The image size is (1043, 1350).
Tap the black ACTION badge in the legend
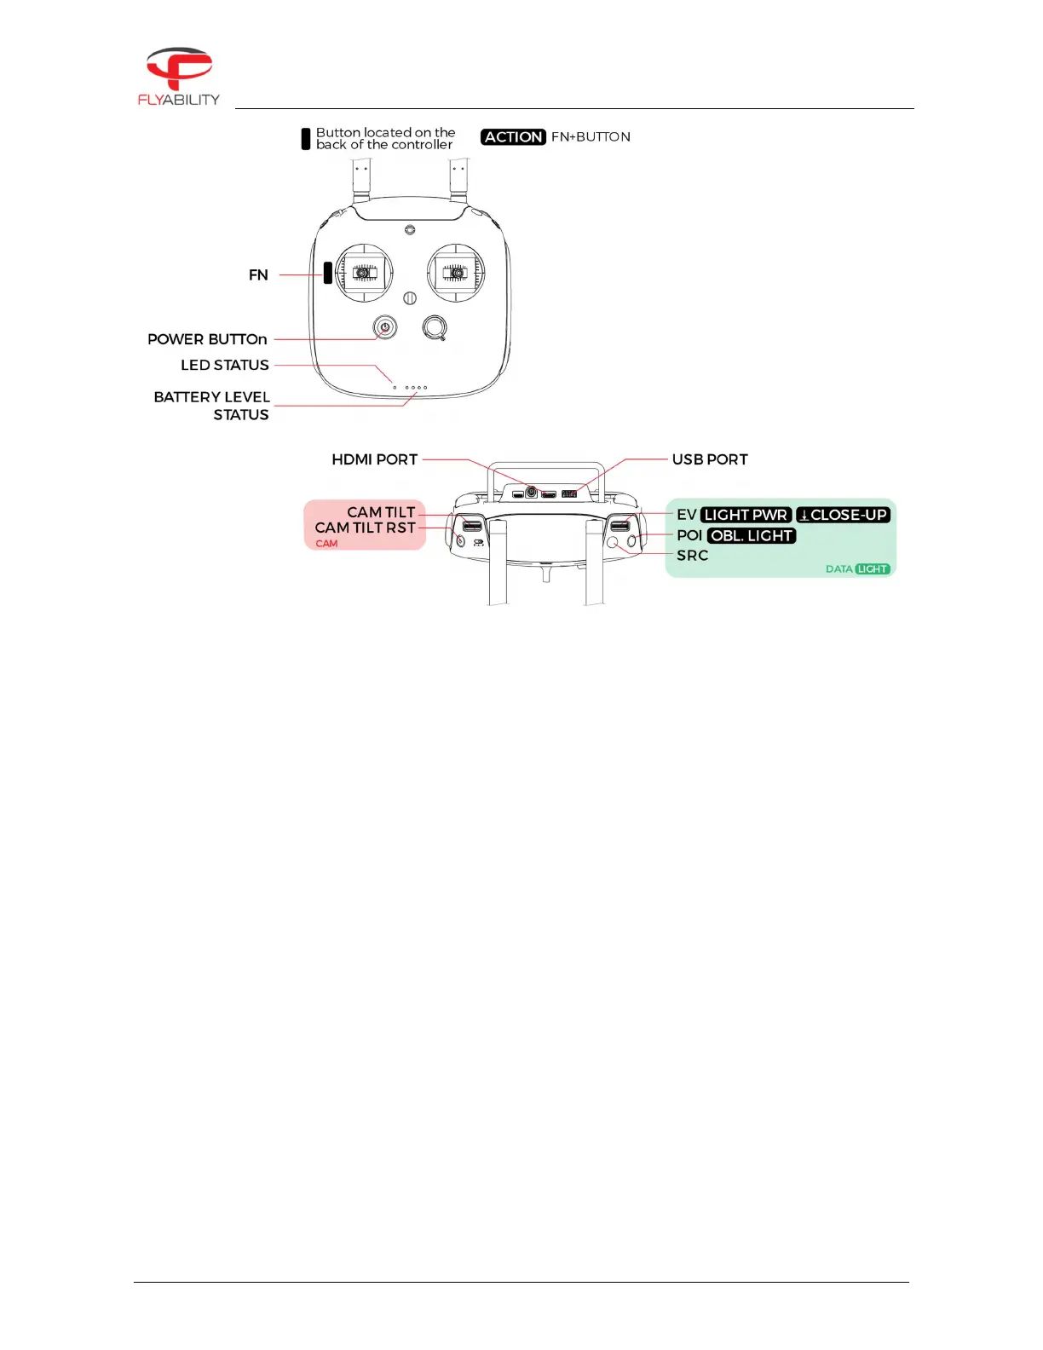point(513,137)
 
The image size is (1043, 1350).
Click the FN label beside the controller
point(258,275)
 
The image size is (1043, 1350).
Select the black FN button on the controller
point(327,273)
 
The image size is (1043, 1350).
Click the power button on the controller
point(385,327)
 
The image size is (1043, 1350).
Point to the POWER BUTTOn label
point(207,339)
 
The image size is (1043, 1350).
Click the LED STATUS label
point(225,366)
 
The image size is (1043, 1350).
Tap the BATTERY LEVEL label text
point(212,397)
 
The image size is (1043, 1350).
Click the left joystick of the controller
point(365,273)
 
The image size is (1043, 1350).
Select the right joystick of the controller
point(456,273)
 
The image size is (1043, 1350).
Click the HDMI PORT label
point(375,460)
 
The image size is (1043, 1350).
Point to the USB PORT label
point(710,460)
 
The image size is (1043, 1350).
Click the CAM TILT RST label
point(366,528)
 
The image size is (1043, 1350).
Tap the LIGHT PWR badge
point(746,516)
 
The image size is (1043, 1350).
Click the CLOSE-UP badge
point(843,516)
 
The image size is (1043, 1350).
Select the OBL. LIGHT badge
point(752,536)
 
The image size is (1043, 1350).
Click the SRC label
point(693,556)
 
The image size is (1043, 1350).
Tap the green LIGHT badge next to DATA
point(873,569)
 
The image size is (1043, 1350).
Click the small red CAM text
point(326,544)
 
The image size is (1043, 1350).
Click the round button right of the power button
point(435,327)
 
